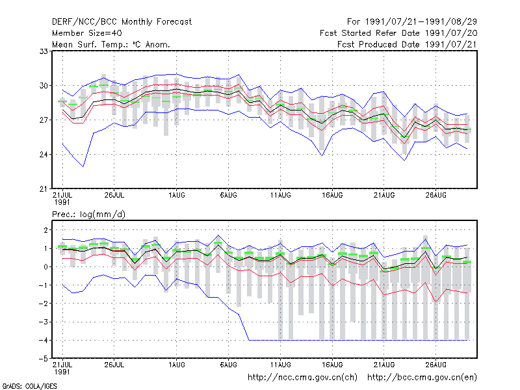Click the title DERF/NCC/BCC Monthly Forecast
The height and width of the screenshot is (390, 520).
coord(122,22)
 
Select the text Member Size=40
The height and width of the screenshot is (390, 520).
coord(87,33)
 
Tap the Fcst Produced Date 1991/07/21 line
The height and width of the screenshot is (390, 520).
coord(407,44)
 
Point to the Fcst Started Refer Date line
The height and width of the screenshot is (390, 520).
coord(398,33)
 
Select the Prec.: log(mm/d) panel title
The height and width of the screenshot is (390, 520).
coord(88,214)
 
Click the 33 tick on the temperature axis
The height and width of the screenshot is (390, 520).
coord(44,51)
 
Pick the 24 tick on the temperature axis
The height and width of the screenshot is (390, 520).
coord(44,155)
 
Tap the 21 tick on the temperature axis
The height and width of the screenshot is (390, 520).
coord(44,189)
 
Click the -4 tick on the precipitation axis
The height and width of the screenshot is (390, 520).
coord(43,340)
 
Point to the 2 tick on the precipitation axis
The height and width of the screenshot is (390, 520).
coord(45,230)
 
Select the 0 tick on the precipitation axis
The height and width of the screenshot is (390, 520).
coord(45,267)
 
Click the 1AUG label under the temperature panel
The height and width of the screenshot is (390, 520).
coord(176,196)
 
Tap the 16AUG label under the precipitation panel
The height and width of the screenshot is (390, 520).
coord(332,365)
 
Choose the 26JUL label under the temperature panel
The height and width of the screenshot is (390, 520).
coord(114,196)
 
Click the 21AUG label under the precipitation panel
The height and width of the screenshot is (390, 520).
coord(384,365)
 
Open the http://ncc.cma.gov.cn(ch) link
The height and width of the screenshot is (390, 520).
coord(302,378)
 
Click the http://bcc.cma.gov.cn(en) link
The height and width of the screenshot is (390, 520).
coord(422,378)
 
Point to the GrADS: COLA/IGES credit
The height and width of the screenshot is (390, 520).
coord(30,386)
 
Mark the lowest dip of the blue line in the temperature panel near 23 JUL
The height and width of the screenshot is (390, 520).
coord(83,166)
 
